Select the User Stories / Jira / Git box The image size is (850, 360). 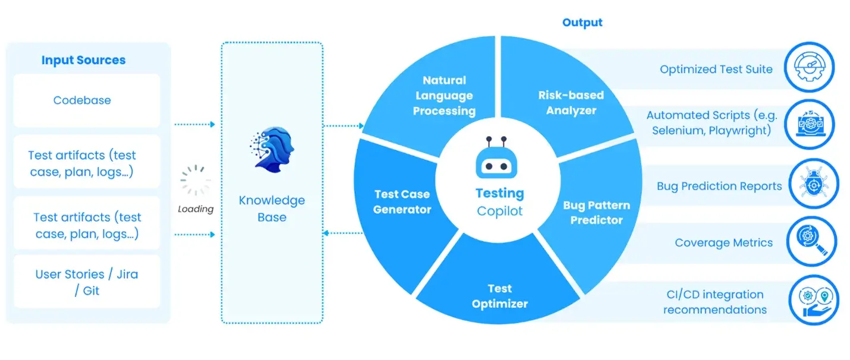tap(87, 282)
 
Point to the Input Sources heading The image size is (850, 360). tap(83, 60)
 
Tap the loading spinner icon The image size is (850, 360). tap(196, 181)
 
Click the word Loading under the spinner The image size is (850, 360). tap(196, 209)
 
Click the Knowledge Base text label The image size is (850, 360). tap(272, 209)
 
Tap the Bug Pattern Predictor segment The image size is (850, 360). tap(596, 212)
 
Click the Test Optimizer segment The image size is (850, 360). tap(499, 296)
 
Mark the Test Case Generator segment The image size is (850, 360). tap(402, 201)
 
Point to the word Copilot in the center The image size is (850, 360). tap(499, 211)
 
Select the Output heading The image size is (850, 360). tap(582, 23)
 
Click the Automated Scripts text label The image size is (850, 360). tap(712, 123)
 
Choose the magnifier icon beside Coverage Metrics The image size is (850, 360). tap(811, 241)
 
